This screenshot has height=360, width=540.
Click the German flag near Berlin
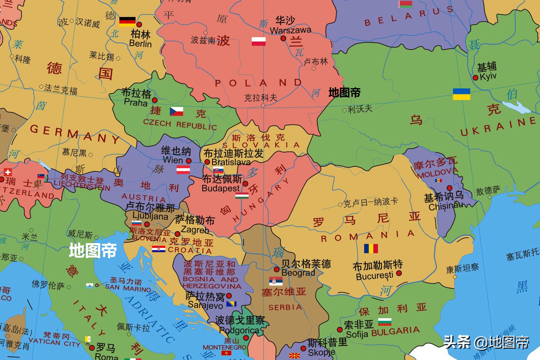127,22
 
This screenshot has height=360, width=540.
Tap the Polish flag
258,41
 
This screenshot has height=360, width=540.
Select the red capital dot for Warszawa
283,39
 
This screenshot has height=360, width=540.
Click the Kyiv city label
488,77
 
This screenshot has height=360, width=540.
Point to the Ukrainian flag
461,94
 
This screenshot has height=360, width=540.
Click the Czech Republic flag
176,111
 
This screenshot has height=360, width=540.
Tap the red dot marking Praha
155,100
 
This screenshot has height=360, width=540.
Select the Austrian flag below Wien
183,170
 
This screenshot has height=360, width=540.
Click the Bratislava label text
231,162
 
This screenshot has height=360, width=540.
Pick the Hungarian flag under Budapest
242,196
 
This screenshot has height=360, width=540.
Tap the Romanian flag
371,248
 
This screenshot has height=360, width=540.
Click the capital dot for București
399,273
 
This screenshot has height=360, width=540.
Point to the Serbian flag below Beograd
276,281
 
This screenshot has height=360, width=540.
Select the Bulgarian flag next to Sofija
385,322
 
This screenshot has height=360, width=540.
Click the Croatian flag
158,249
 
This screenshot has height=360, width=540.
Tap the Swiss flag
8,172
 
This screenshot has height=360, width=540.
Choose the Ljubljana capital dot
147,224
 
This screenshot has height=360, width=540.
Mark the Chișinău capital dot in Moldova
449,188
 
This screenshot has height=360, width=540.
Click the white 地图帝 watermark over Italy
93,250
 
